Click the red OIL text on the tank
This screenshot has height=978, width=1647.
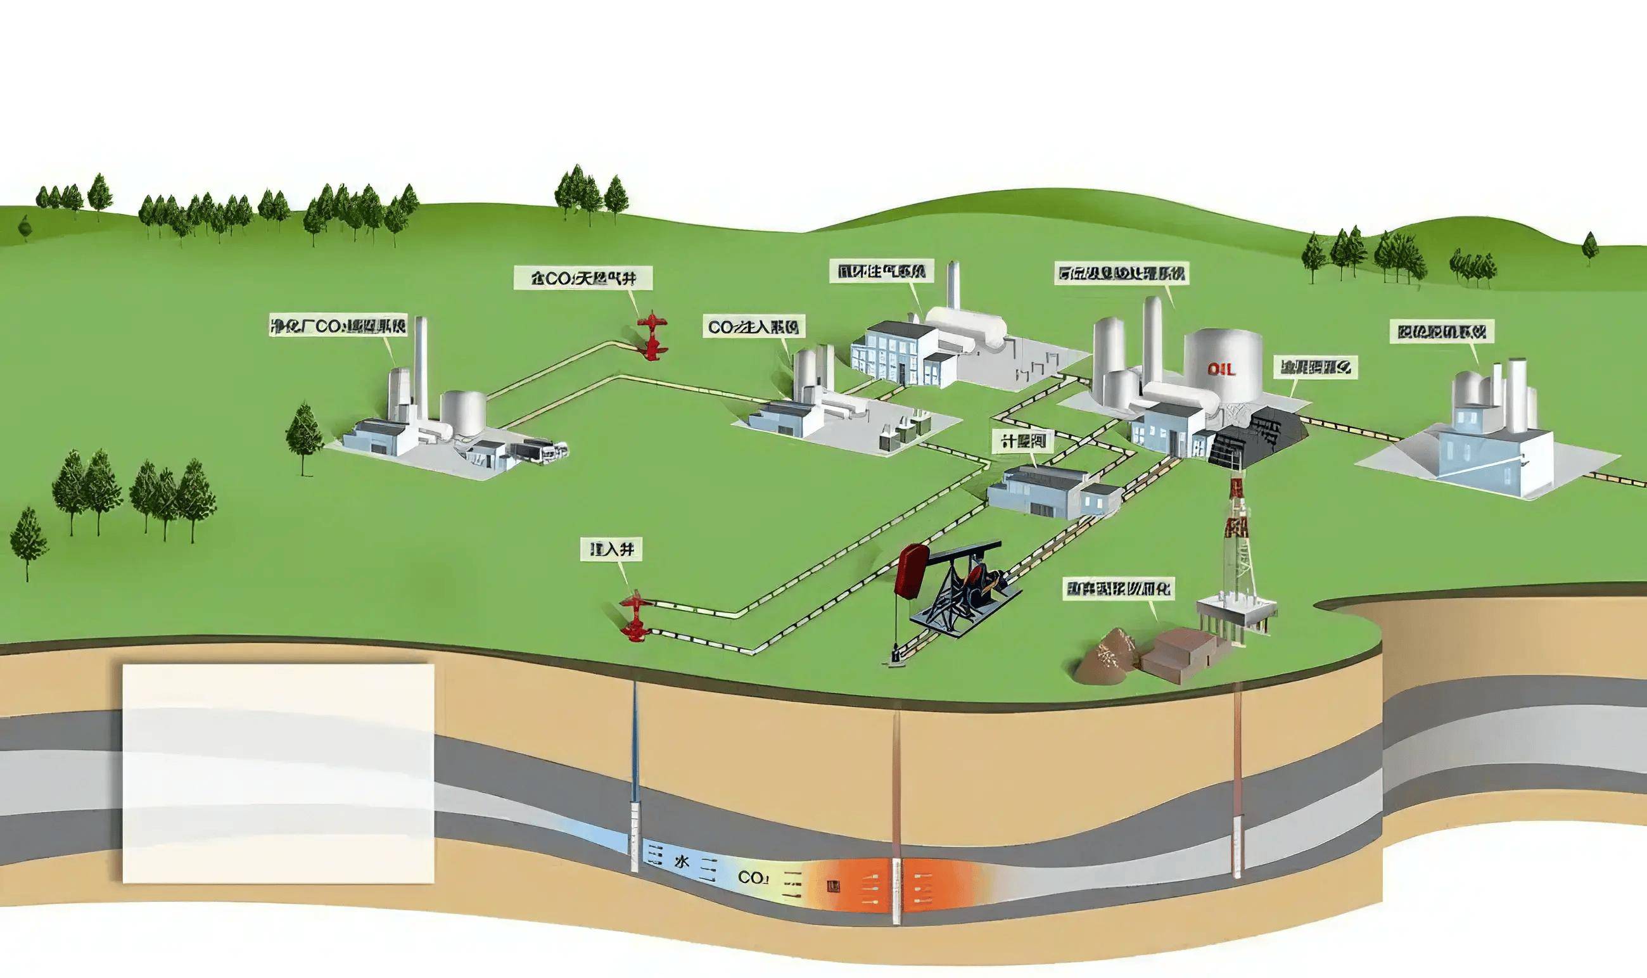tap(1221, 370)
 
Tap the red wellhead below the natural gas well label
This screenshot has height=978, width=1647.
tap(652, 336)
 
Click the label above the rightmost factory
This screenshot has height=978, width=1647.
tap(1440, 331)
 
